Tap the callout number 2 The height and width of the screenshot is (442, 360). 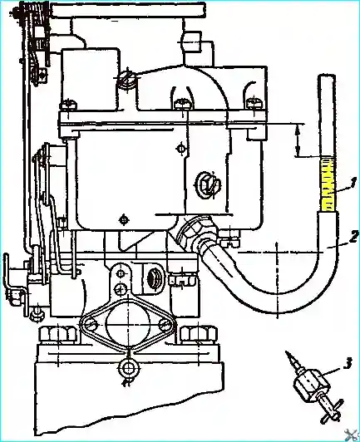point(354,236)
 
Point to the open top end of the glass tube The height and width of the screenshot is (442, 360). point(327,76)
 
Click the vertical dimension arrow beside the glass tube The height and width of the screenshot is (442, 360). point(297,140)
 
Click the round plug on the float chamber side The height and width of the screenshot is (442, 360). point(208,185)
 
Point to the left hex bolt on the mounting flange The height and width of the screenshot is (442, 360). point(58,335)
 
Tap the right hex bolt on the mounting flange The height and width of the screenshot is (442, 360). point(200,335)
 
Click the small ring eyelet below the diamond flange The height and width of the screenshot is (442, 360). point(129,366)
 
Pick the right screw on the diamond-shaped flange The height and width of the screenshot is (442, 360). point(165,325)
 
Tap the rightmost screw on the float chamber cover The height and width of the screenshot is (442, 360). point(254,104)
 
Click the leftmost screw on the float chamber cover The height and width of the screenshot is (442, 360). point(68,106)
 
